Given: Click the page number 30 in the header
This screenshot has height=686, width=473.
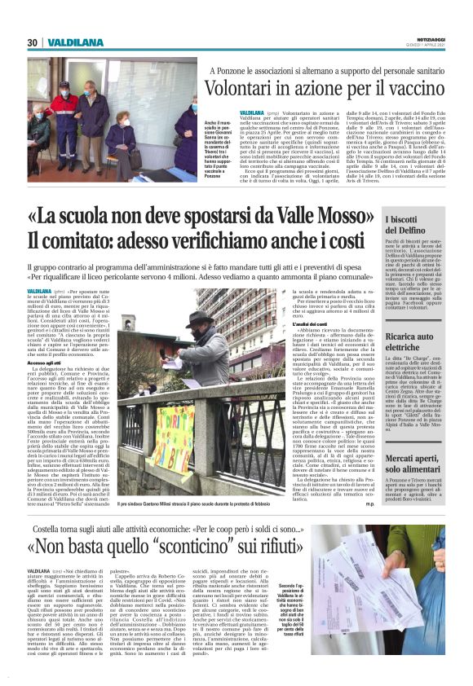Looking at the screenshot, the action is coord(33,43).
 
